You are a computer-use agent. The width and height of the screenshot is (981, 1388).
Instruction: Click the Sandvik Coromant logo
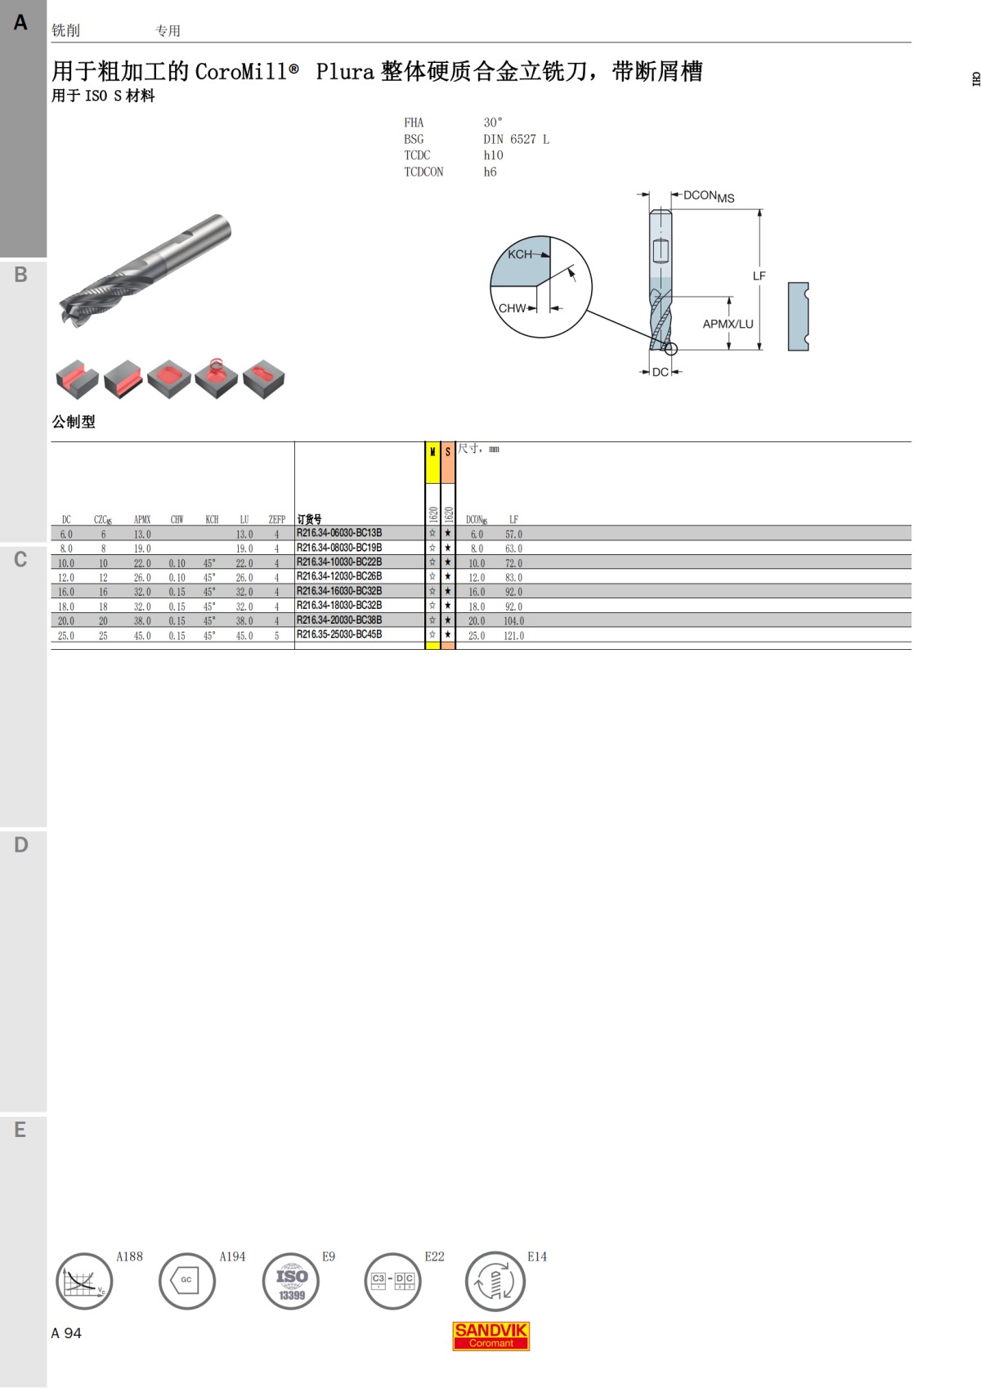click(x=490, y=1336)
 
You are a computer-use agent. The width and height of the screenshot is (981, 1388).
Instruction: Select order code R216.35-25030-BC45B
click(x=339, y=634)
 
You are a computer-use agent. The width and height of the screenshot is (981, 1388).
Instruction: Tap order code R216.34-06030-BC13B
click(x=339, y=533)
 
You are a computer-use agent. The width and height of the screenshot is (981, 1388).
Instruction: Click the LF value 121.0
click(x=513, y=636)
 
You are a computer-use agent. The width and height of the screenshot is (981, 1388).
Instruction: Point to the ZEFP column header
click(x=276, y=519)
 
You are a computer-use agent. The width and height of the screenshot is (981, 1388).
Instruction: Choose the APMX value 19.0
click(x=142, y=548)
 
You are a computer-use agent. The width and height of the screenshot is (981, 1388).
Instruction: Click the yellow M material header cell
click(x=432, y=463)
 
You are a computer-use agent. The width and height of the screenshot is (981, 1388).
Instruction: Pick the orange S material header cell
click(x=447, y=463)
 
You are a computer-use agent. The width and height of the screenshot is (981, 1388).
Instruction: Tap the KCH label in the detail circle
click(x=519, y=254)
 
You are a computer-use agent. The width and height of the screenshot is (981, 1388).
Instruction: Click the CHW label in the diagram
click(x=512, y=309)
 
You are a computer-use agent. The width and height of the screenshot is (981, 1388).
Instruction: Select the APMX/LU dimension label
click(x=728, y=324)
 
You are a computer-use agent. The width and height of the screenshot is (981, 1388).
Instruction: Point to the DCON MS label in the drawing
click(x=708, y=196)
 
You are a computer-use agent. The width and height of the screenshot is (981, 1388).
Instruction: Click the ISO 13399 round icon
click(x=291, y=1281)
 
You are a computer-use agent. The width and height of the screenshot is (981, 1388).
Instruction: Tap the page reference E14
click(x=536, y=1256)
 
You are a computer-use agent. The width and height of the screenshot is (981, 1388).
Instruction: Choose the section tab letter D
click(x=20, y=844)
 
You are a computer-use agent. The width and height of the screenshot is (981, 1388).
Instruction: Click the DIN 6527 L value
click(x=516, y=140)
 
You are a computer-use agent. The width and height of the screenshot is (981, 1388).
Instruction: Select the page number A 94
click(x=66, y=1333)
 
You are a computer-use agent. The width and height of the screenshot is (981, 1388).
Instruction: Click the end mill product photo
click(x=145, y=271)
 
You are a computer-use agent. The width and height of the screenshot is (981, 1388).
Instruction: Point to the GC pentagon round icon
click(x=186, y=1281)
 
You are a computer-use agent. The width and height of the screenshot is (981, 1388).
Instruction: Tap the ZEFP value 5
click(x=276, y=636)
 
